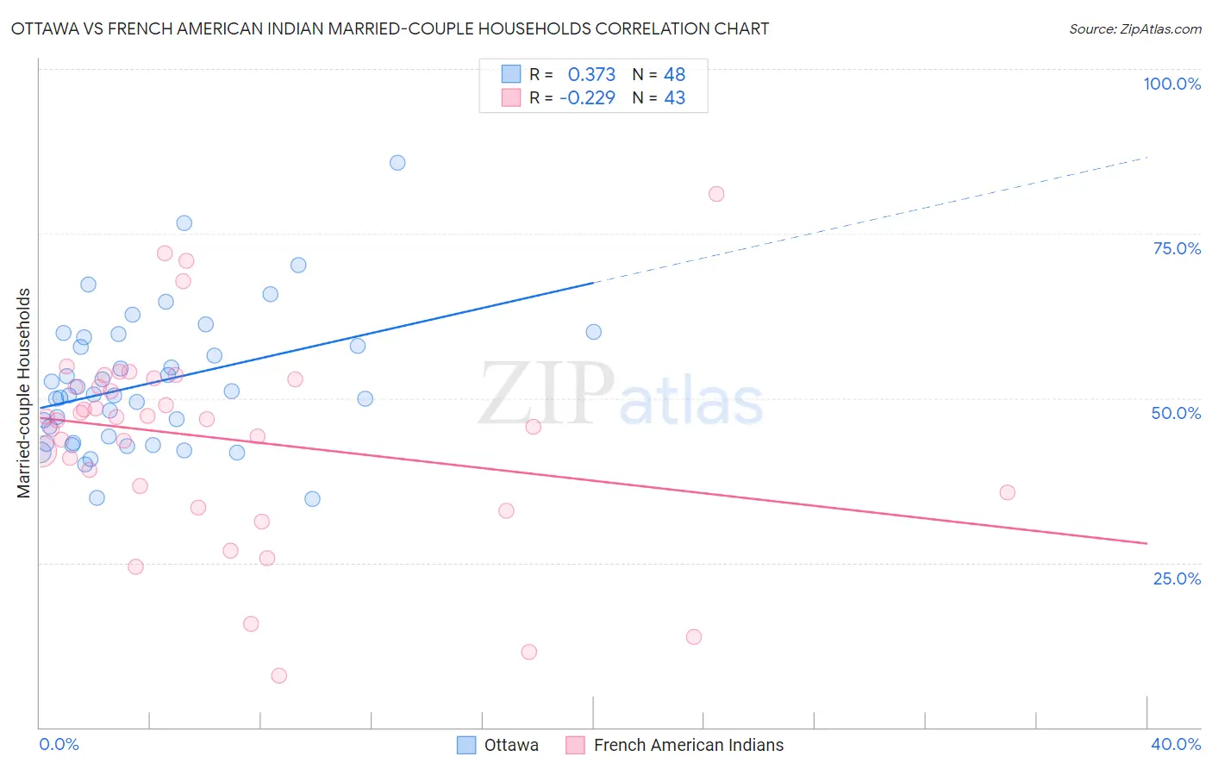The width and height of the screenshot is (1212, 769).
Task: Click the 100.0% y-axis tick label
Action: click(1171, 84)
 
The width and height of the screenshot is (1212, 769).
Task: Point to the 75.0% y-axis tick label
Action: click(1177, 248)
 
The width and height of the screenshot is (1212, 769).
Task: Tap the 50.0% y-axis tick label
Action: click(1176, 413)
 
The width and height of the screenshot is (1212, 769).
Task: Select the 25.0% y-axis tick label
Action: click(1177, 578)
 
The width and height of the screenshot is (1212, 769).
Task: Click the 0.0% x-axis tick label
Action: click(59, 744)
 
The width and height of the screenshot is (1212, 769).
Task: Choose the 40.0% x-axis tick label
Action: click(1175, 744)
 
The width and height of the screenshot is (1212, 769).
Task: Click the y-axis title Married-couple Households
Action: click(24, 392)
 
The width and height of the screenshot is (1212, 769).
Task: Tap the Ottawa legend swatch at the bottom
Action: click(466, 745)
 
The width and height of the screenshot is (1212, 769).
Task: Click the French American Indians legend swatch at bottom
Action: click(575, 745)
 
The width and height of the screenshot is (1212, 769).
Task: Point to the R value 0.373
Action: click(591, 74)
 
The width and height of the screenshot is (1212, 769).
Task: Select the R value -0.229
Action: click(587, 97)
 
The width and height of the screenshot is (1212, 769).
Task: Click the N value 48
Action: click(674, 74)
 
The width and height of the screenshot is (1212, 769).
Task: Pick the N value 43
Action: click(674, 97)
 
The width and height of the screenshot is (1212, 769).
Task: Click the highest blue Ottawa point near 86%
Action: click(397, 163)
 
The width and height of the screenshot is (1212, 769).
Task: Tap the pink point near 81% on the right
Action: click(716, 194)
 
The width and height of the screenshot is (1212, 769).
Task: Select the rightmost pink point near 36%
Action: click(1007, 492)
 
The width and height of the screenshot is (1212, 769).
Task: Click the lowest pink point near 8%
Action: click(278, 675)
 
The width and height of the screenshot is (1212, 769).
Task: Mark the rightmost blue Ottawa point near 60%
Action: click(593, 332)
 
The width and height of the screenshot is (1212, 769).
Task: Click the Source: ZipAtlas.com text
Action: click(1134, 29)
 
